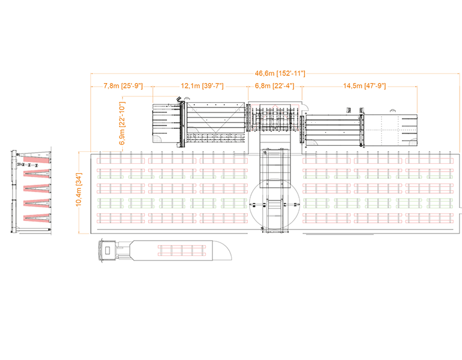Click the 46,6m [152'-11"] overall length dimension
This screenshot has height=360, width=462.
(x=277, y=73)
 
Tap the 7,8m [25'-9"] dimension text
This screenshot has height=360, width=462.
(x=123, y=86)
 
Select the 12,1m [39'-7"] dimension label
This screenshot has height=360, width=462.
(x=202, y=86)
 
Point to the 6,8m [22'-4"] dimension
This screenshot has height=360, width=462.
(x=274, y=86)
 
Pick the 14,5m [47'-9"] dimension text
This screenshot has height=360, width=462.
(x=365, y=86)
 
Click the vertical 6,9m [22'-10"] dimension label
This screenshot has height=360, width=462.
(x=123, y=123)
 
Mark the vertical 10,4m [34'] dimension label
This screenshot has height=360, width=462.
(x=78, y=190)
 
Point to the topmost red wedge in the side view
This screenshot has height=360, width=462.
(x=35, y=160)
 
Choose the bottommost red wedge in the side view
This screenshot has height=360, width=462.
(x=35, y=216)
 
